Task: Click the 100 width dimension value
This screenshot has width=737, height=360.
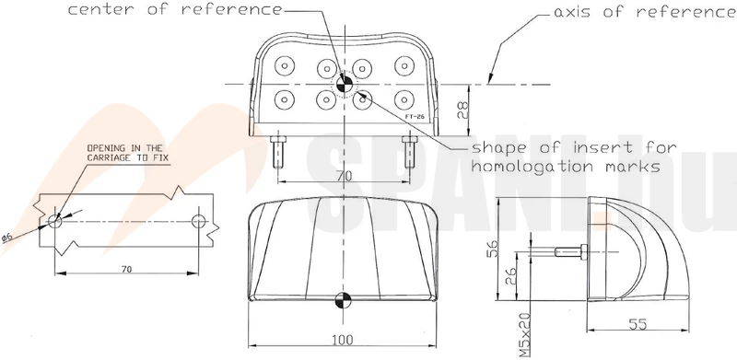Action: (343, 340)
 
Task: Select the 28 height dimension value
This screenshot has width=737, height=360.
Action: (463, 110)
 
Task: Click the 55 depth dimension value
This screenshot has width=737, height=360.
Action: (638, 324)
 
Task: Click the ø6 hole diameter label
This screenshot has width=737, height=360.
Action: (6, 238)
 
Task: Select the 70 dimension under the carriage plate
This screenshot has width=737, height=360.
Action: (126, 269)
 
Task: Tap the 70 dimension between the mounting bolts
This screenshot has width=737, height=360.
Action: (344, 176)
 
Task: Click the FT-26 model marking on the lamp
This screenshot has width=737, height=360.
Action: (415, 116)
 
